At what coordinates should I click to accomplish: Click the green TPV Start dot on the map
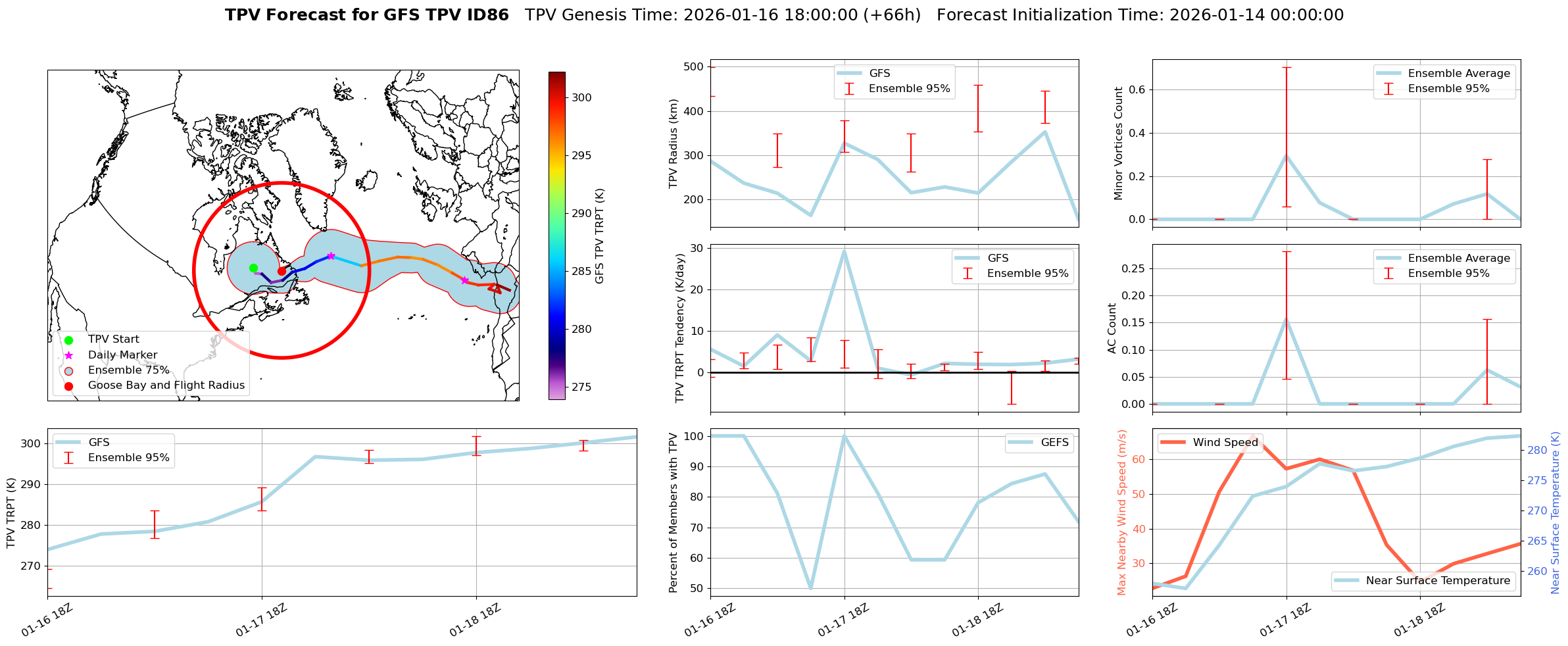point(253,268)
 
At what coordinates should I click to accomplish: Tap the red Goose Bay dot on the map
point(282,271)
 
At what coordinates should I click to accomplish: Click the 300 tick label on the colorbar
point(581,98)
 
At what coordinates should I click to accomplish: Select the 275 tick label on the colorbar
point(581,387)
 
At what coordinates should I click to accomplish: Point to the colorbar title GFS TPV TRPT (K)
point(599,236)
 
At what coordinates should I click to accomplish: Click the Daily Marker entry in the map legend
point(122,355)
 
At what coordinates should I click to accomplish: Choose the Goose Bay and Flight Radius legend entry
point(166,385)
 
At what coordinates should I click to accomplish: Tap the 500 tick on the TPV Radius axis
point(695,67)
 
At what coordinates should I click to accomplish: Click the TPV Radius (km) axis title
point(674,143)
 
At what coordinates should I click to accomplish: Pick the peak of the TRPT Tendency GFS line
point(844,251)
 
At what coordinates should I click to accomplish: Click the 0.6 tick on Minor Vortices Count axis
point(1137,90)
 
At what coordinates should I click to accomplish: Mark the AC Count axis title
point(1112,328)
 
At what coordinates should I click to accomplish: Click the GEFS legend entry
point(1054,443)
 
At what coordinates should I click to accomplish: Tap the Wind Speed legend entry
point(1225,443)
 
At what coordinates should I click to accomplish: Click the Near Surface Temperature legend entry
point(1437,581)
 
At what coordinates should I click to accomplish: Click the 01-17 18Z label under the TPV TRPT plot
point(262,620)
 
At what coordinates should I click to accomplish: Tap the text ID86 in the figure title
point(490,15)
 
